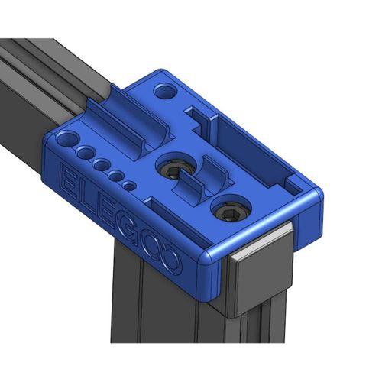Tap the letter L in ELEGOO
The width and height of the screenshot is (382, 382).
84,196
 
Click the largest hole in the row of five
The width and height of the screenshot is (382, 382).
66,141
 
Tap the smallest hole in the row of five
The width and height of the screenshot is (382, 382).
130,186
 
